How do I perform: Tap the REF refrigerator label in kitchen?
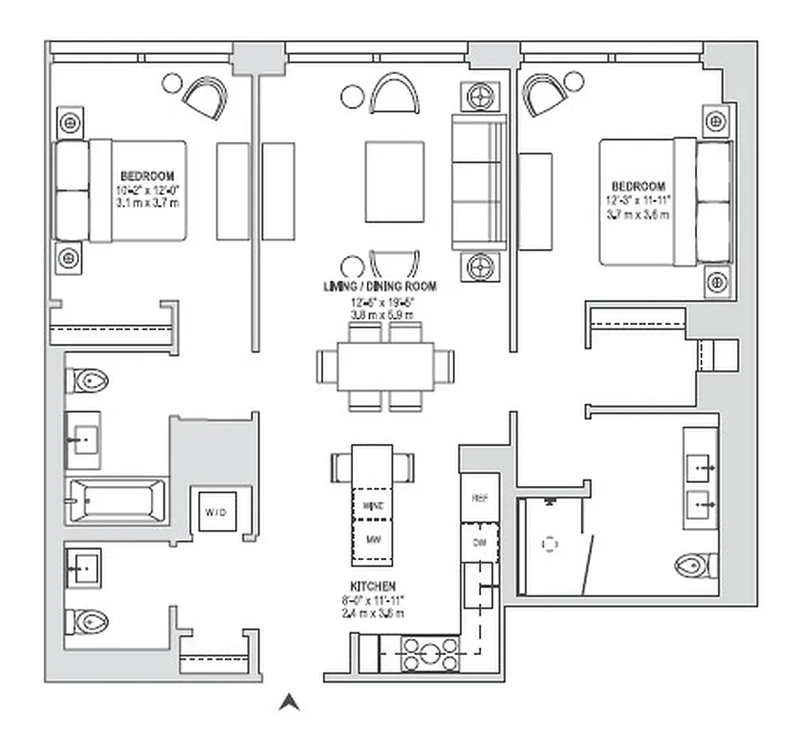[480, 499]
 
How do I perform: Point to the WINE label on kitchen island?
[372, 505]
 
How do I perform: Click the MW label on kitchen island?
[372, 540]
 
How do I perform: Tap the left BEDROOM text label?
[146, 175]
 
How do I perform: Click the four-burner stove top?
[431, 654]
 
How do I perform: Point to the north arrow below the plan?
[289, 703]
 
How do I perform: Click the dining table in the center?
[385, 367]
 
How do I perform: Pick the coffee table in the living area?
[394, 181]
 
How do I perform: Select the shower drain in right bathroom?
[550, 544]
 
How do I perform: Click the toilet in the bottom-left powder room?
[87, 622]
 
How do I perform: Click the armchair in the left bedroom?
[205, 96]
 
